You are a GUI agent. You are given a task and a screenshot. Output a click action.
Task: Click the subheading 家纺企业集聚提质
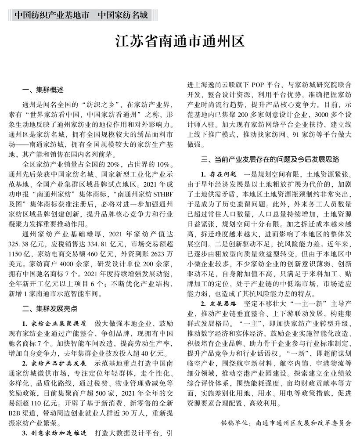58,322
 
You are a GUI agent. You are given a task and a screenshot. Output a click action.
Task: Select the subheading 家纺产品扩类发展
58,364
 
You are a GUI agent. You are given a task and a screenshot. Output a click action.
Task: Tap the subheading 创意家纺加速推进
58,434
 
